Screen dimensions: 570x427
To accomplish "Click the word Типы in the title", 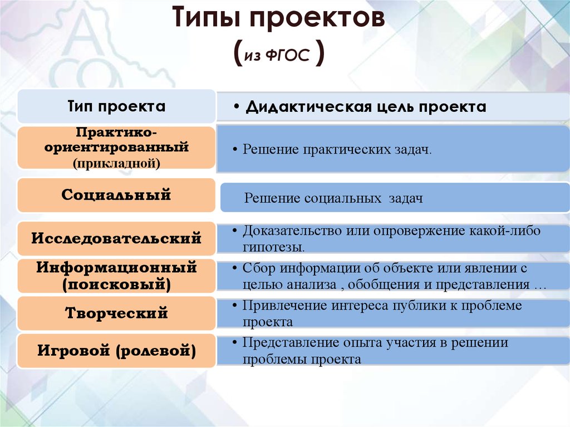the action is pos(206,17).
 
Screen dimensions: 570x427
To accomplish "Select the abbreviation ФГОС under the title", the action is pos(287,55).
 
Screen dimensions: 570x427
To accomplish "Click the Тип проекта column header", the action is pos(116,106).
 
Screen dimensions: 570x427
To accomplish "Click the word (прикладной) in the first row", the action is pos(116,163).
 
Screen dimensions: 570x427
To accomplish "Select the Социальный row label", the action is pos(116,195).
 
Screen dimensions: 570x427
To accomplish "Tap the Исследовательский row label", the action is pos(116,238).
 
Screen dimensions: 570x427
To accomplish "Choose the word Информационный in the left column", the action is pos(116,267).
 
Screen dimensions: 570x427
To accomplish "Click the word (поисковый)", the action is pos(116,284).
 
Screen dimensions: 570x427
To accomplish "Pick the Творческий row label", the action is pos(116,313).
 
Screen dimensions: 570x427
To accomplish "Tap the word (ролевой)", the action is pos(156,351).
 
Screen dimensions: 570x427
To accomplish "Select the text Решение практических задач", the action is pos(337,150).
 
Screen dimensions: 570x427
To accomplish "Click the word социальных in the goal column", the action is pos(343,198).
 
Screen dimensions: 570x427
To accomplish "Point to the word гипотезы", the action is pos(274,247).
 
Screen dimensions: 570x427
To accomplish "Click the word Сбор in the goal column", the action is pos(259,268).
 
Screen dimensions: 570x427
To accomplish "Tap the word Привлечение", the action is pos(284,306).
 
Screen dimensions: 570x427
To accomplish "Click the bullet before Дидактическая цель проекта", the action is pos(237,107).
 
